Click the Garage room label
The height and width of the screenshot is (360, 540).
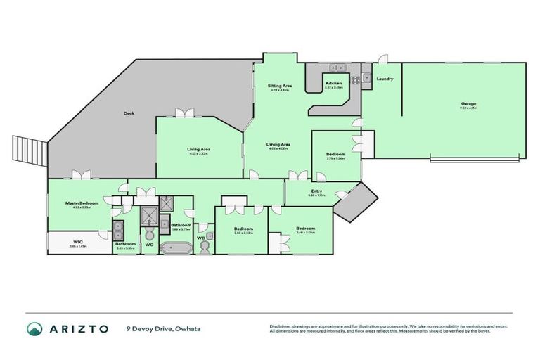point(469,103)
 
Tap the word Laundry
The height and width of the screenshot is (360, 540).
point(385,79)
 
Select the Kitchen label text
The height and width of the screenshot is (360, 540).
point(333,83)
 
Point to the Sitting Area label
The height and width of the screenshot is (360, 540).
point(281,86)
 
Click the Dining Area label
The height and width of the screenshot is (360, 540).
point(279,144)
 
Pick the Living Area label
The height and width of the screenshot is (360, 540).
point(199,148)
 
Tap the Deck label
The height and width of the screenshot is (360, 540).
point(129,113)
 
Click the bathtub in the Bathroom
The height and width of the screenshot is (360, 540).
point(176,247)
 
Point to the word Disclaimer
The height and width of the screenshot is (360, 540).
point(282,326)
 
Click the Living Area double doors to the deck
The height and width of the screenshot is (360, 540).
point(185,114)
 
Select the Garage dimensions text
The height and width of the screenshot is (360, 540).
point(469,108)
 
